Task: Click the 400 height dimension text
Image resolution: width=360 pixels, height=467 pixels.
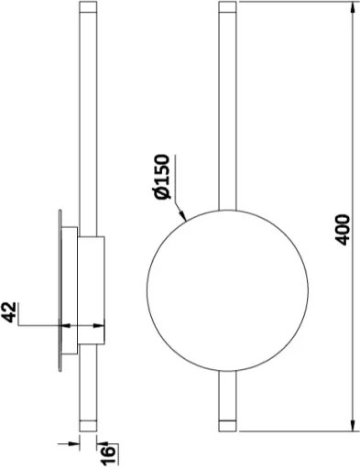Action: [343, 228]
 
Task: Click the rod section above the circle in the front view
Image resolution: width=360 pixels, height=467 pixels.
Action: [228, 110]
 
